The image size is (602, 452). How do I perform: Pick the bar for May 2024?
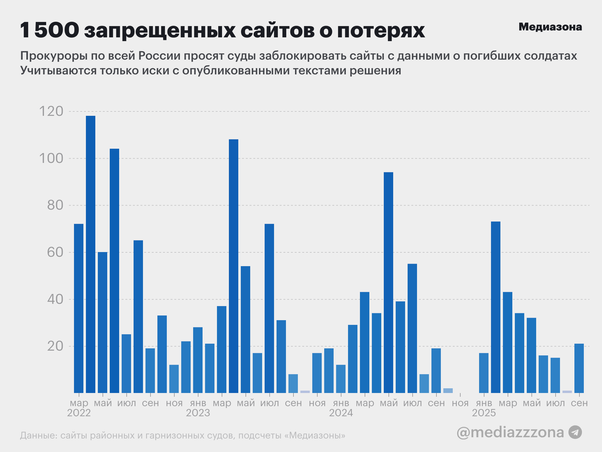[388, 282]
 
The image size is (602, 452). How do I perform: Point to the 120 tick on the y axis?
[51, 111]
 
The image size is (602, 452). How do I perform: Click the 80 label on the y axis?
[55, 205]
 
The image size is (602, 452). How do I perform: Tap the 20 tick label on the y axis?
[55, 346]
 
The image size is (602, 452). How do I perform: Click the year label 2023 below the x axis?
[198, 413]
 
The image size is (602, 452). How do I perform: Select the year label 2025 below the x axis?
[484, 413]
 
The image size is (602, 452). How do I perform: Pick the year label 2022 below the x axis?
[79, 413]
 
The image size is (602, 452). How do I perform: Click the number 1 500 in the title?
[50, 30]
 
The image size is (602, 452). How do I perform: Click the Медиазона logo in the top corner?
[550, 27]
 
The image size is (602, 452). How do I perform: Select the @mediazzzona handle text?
[510, 432]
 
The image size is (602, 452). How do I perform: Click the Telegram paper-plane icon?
[575, 432]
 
